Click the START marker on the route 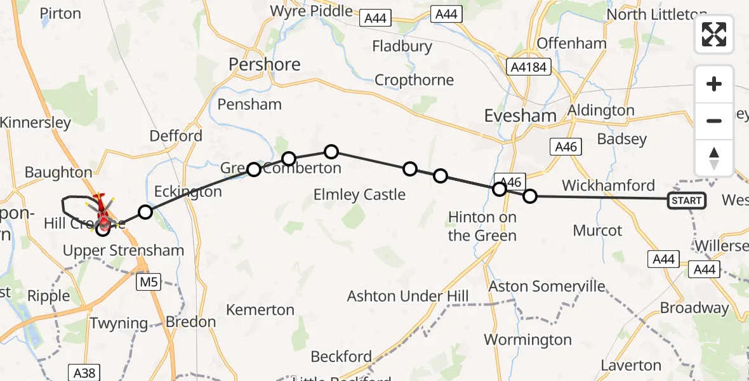[x=686, y=201]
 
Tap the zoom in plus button [x=714, y=84]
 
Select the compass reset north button [x=714, y=158]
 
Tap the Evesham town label [x=520, y=116]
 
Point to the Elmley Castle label [x=359, y=194]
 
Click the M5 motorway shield [x=146, y=280]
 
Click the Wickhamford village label [x=608, y=185]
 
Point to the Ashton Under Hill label [x=408, y=296]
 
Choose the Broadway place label [x=694, y=308]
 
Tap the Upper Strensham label [x=123, y=250]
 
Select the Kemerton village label [x=261, y=310]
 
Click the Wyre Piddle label [x=311, y=11]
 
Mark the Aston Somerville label [x=547, y=286]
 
